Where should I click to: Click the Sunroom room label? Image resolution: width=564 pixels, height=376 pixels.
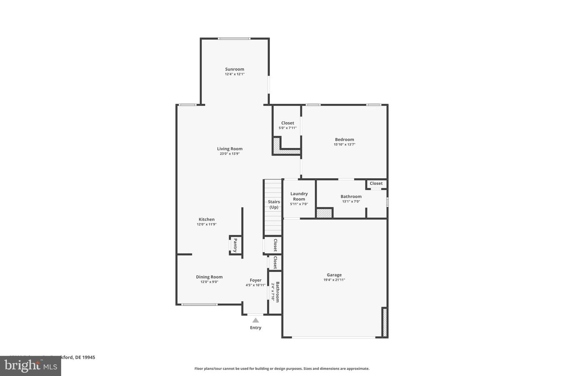(234, 69)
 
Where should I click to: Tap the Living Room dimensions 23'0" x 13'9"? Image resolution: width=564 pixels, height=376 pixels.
(230, 154)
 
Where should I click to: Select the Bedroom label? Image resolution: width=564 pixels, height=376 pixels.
(344, 139)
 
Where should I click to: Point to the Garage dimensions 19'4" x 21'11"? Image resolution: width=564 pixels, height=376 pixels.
(334, 280)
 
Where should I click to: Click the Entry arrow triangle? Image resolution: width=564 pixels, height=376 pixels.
(256, 320)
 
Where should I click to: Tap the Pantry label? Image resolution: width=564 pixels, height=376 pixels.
(235, 246)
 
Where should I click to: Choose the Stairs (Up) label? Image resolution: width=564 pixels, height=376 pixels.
(274, 204)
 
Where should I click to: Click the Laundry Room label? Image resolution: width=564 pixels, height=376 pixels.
(299, 196)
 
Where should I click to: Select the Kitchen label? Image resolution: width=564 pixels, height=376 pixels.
(206, 219)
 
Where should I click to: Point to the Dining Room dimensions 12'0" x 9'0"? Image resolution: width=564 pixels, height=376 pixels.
(209, 282)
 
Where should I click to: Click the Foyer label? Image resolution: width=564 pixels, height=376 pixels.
(255, 280)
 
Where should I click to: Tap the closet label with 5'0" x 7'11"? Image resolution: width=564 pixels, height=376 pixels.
(287, 123)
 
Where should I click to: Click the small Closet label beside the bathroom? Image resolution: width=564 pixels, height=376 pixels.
(376, 183)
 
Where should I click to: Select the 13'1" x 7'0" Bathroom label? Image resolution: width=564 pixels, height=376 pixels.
(351, 197)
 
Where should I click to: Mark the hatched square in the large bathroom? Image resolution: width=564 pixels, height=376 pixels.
(324, 213)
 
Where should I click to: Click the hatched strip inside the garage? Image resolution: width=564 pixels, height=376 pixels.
(385, 322)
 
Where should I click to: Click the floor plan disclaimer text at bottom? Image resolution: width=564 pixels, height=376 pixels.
(282, 369)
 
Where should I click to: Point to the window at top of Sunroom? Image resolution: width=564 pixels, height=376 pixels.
(234, 38)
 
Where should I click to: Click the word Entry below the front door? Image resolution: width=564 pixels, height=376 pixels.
(256, 328)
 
